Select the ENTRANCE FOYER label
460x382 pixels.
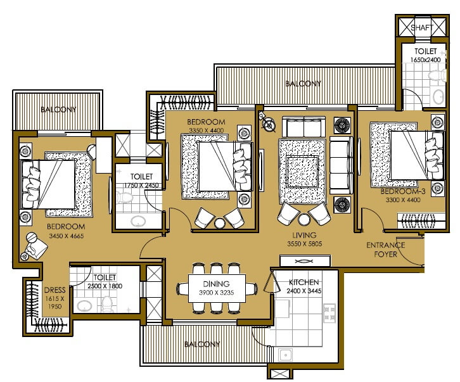coord(382,250)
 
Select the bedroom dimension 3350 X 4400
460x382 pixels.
coord(207,131)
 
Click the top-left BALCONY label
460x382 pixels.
coord(58,110)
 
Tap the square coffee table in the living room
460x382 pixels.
coord(302,168)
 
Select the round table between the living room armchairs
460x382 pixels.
coord(304,219)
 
